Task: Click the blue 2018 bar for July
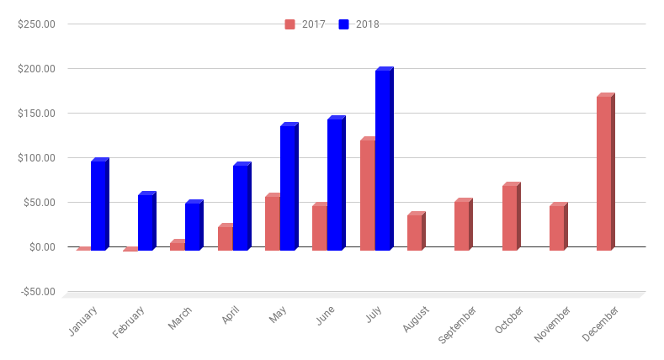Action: point(383,160)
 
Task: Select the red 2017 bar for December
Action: point(603,173)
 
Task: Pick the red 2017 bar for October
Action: point(509,218)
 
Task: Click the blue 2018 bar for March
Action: point(193,226)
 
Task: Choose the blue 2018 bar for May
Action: point(288,188)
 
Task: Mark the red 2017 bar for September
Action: point(461,225)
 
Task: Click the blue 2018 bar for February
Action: point(146,222)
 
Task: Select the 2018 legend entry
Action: point(360,24)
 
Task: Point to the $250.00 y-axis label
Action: point(36,24)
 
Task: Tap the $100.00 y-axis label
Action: point(36,158)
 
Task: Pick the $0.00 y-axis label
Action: point(40,247)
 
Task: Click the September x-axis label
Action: point(458,324)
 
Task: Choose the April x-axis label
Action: point(231,315)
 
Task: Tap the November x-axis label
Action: point(553,324)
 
